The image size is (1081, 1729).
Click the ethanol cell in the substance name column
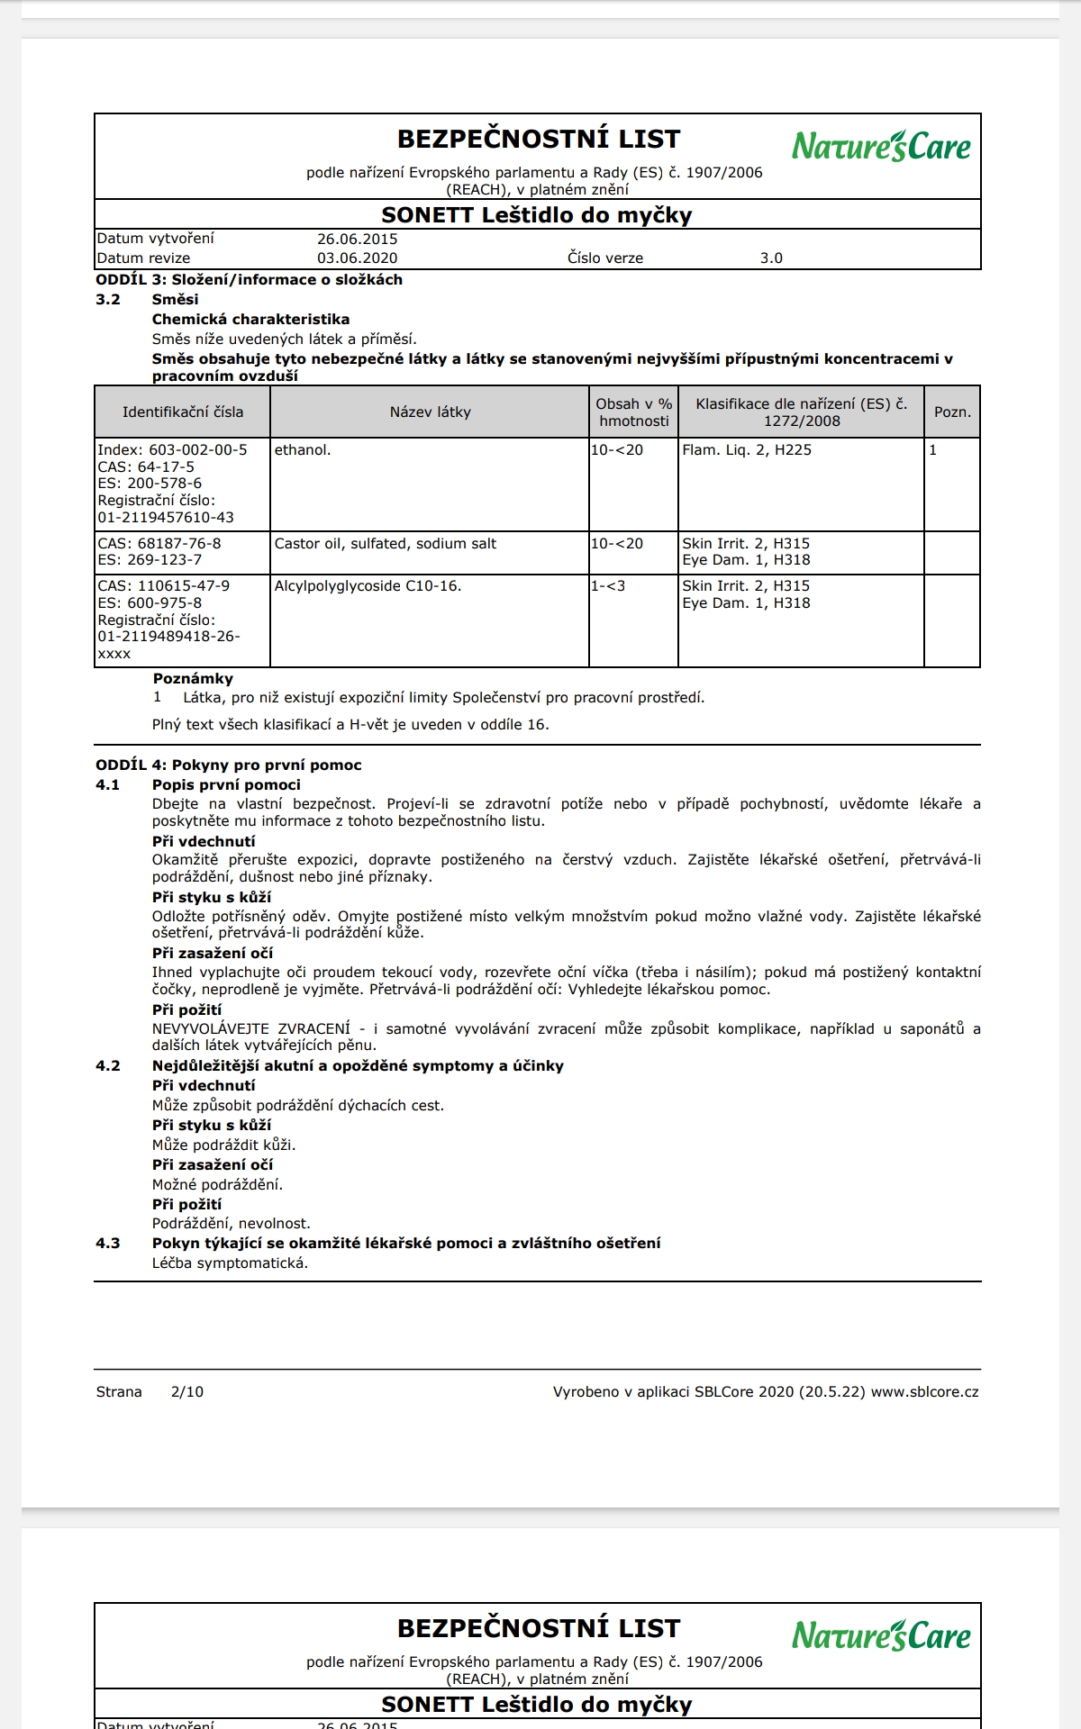pos(303,450)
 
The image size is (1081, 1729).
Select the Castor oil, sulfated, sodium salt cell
pos(386,544)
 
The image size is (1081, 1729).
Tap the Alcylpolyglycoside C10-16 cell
pos(368,586)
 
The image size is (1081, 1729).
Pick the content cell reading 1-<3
pos(608,586)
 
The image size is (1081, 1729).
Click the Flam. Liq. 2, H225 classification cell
pos(747,450)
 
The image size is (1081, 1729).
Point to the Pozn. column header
pos(952,412)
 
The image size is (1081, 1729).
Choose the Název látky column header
pos(430,412)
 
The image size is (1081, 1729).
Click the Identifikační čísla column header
pos(183,412)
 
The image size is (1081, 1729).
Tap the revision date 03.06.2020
pos(357,258)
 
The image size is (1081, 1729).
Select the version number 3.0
pos(771,258)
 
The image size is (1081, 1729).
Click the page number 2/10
pos(187,1392)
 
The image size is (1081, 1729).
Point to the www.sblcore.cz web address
pos(924,1392)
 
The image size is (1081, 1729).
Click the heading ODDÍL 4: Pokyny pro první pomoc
pos(229,765)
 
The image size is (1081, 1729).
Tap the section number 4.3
pos(108,1244)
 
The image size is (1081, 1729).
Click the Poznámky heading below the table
pos(193,679)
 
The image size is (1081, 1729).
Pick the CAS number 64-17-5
pos(166,467)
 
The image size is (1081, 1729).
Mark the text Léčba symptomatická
pos(230,1263)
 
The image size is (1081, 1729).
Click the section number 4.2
pos(108,1066)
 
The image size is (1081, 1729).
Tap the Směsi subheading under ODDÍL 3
pos(175,300)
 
